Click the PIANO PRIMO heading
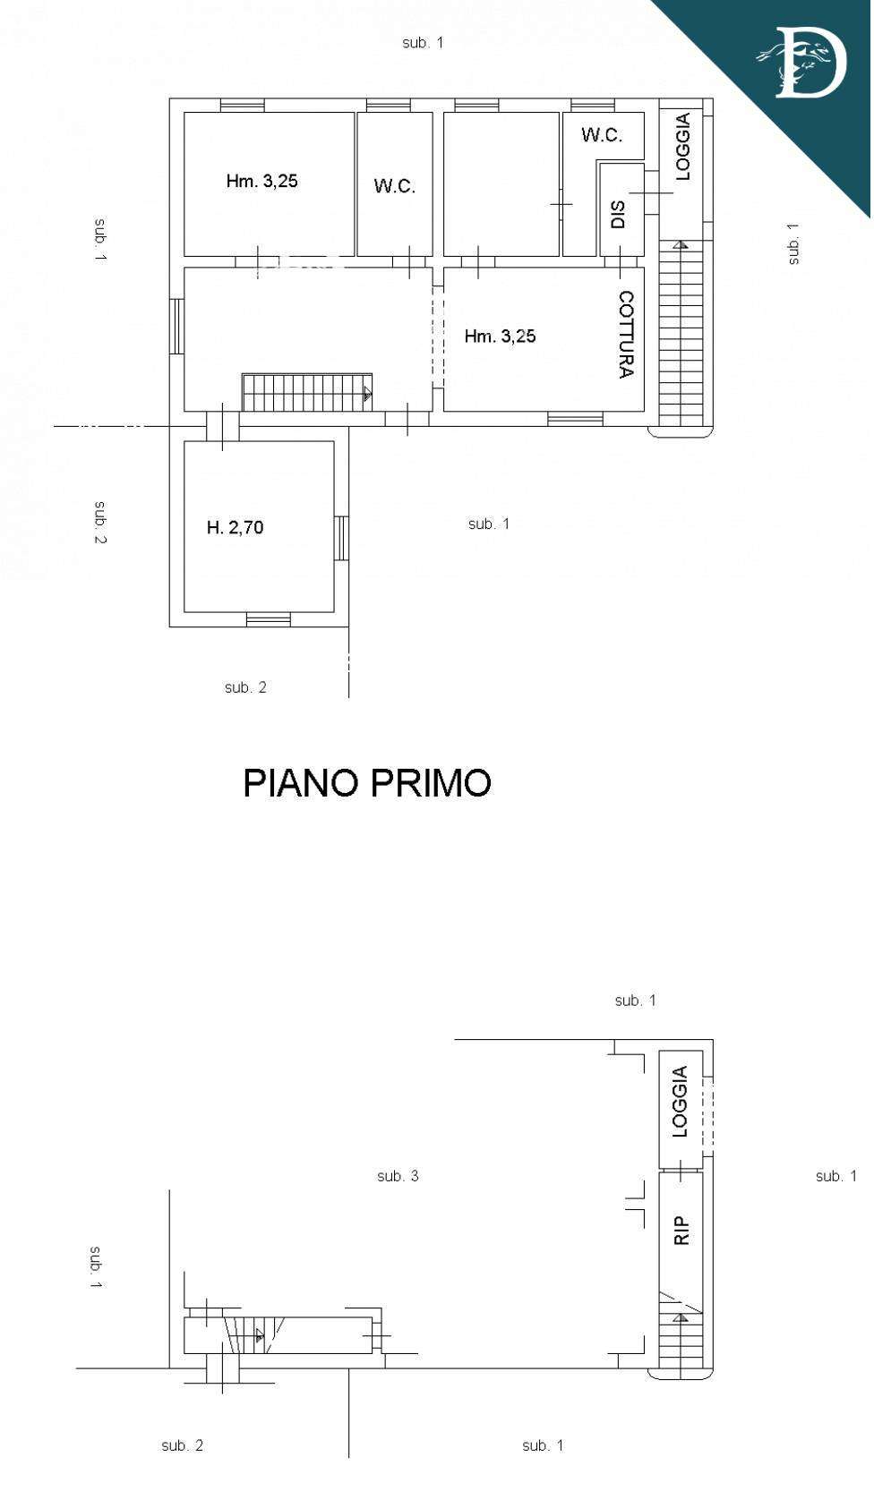click(367, 782)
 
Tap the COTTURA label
click(626, 334)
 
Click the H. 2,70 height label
click(236, 527)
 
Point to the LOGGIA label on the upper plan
click(682, 147)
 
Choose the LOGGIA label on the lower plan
click(680, 1102)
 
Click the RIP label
click(681, 1231)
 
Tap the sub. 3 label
click(398, 1176)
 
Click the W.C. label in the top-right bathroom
click(602, 135)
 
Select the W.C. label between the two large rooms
click(394, 186)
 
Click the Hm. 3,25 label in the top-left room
click(261, 181)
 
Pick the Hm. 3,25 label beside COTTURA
click(500, 337)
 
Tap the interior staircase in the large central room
click(307, 392)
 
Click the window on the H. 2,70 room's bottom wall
click(269, 619)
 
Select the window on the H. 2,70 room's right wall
click(341, 538)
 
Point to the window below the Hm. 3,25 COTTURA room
click(576, 419)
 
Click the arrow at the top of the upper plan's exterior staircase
click(680, 245)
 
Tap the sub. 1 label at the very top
click(423, 43)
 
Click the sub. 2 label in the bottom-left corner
click(183, 1445)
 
